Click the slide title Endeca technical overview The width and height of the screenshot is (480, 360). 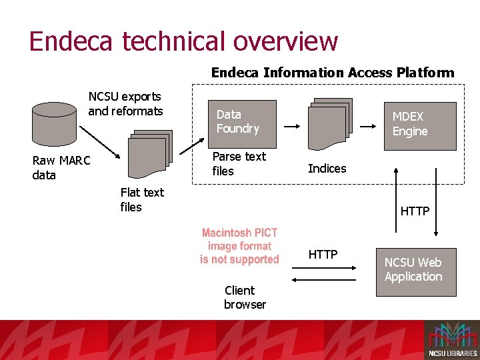click(183, 41)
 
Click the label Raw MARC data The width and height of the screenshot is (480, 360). click(61, 168)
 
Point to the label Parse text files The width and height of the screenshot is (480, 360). click(239, 163)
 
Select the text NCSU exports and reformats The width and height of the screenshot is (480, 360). click(125, 104)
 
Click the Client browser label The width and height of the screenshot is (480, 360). click(244, 297)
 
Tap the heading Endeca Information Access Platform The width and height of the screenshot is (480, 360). click(332, 73)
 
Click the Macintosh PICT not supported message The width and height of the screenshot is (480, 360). click(239, 246)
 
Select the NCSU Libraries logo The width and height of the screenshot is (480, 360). click(451, 340)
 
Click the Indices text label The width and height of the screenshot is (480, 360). click(327, 169)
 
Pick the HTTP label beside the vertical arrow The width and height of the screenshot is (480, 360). click(415, 211)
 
